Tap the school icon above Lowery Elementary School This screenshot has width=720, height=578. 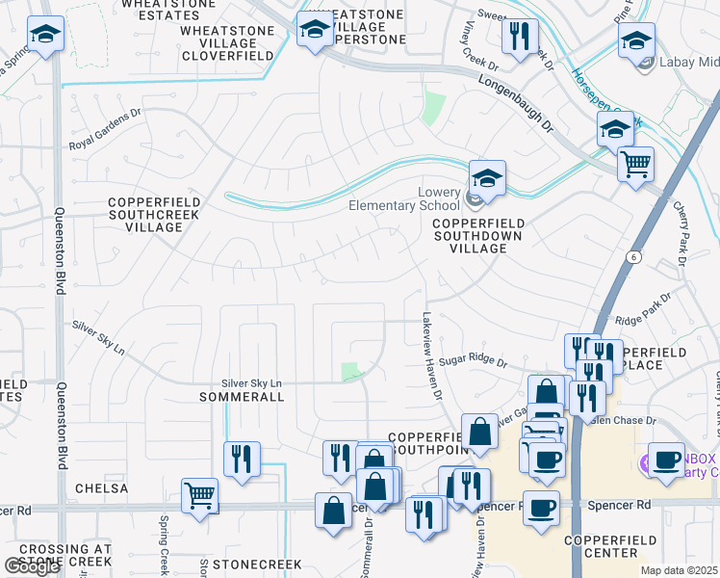point(487,178)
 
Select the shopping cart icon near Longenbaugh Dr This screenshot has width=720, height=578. point(635,164)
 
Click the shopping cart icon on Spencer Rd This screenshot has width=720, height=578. point(200,496)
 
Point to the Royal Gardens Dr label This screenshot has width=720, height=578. point(118,142)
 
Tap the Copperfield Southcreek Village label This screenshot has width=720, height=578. point(154,214)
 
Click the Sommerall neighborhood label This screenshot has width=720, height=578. point(241,397)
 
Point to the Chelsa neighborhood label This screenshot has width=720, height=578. point(100,488)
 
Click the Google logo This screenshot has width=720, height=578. point(31,566)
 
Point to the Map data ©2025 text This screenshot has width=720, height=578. point(680,571)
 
